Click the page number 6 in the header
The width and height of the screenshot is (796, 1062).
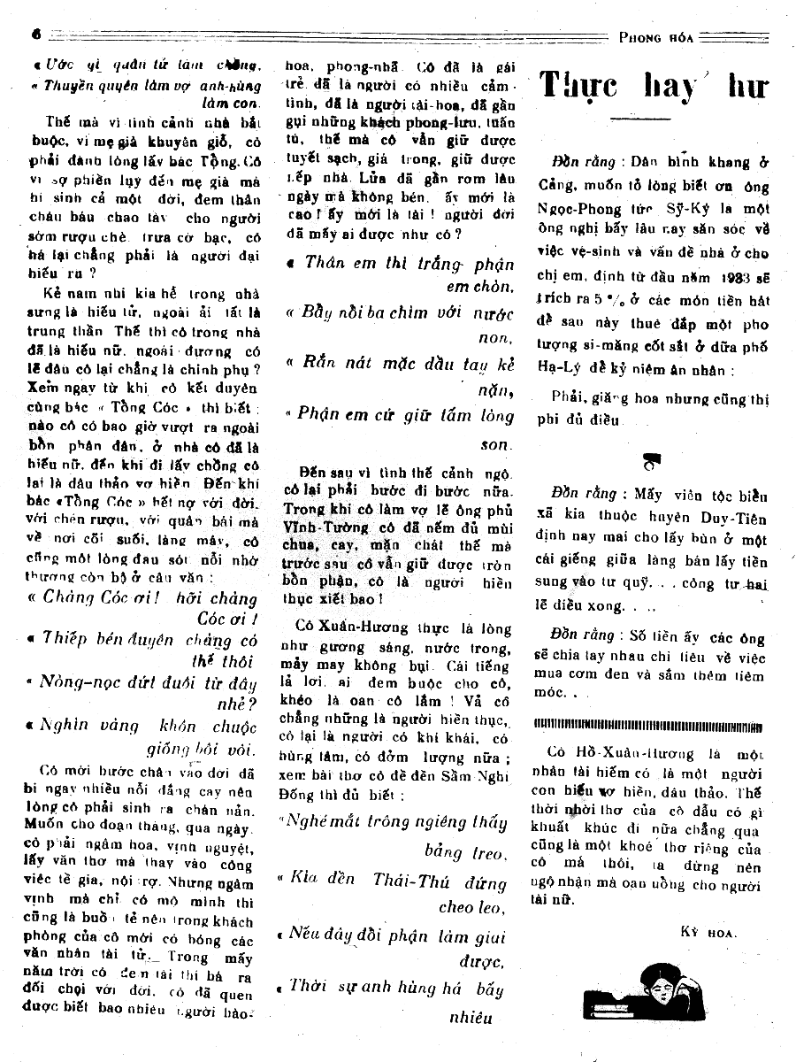pos(37,34)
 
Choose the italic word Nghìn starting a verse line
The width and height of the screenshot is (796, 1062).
pos(65,727)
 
